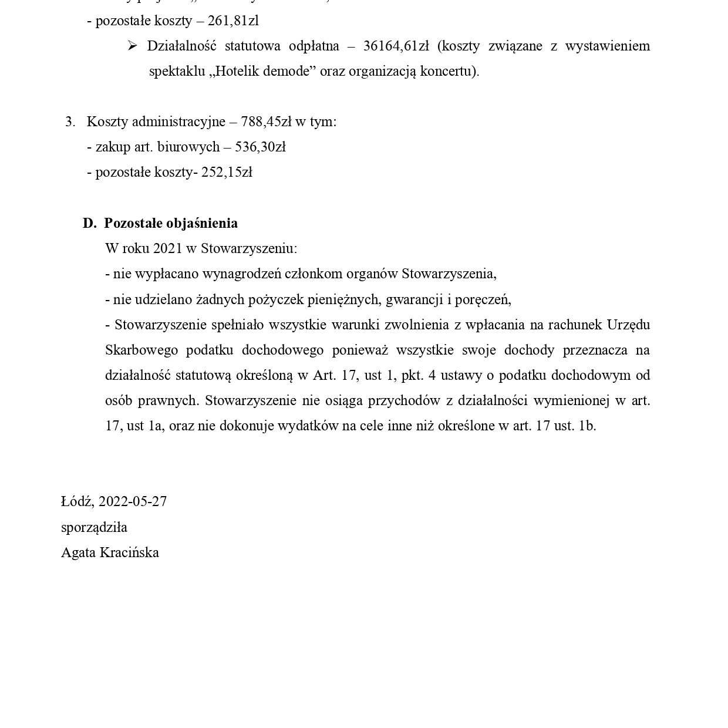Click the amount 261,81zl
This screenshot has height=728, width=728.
click(233, 21)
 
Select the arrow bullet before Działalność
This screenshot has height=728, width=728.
click(132, 46)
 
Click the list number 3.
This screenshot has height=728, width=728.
click(70, 122)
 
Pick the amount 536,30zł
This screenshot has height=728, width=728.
click(260, 147)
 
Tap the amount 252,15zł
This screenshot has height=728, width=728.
click(227, 172)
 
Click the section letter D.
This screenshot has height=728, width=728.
click(89, 223)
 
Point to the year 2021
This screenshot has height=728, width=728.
click(167, 248)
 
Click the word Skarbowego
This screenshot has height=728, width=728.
click(141, 350)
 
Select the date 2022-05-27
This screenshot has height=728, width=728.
click(133, 501)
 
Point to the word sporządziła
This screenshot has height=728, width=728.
click(94, 527)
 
